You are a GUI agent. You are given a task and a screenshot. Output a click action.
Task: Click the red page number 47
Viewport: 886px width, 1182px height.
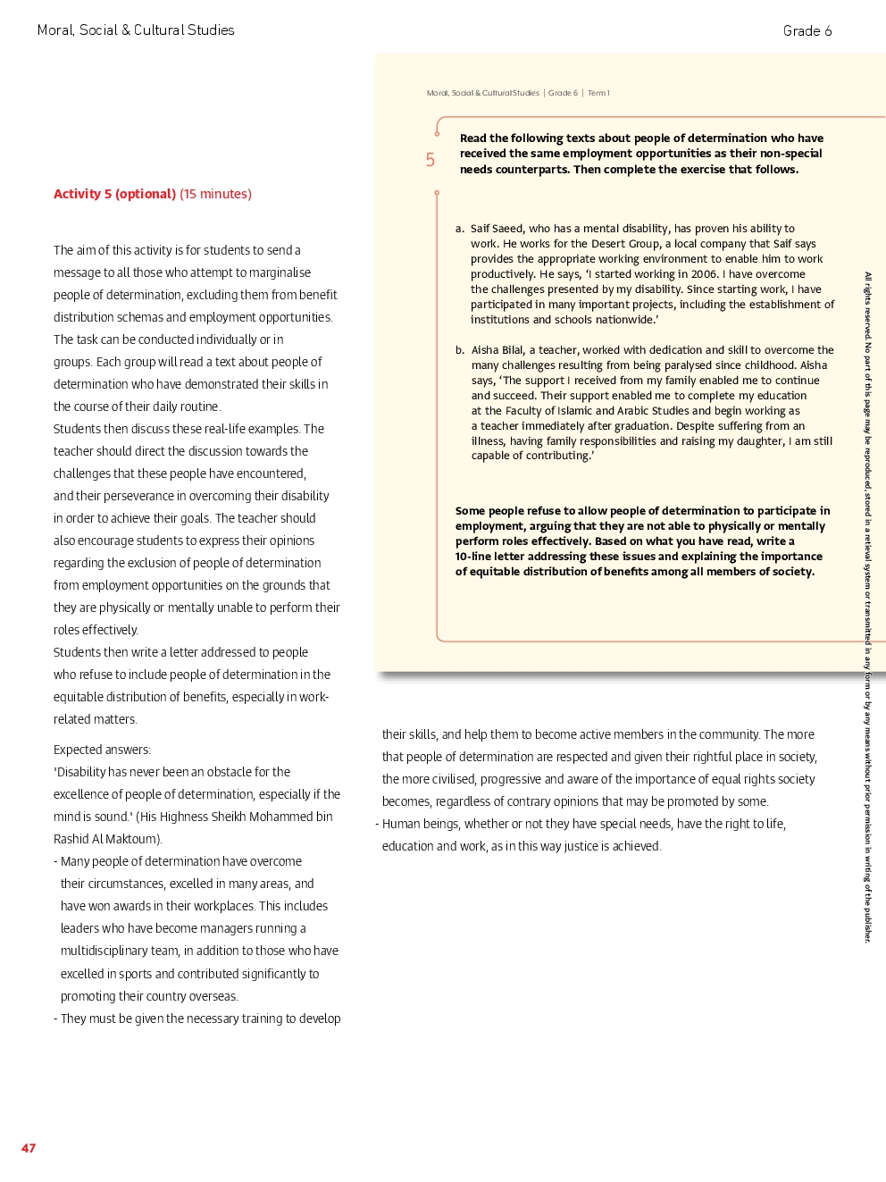pyautogui.click(x=29, y=1148)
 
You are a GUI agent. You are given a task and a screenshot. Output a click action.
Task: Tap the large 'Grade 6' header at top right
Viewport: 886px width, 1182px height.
pyautogui.click(x=807, y=31)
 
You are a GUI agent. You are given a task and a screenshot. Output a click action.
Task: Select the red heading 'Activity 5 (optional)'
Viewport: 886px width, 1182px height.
pyautogui.click(x=114, y=194)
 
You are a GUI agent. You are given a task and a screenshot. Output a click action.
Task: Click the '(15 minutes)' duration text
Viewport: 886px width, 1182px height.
pyautogui.click(x=215, y=194)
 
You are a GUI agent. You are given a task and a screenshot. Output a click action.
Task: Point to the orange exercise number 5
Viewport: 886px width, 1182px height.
pyautogui.click(x=430, y=160)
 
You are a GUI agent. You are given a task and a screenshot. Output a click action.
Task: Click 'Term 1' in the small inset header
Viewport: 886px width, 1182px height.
pyautogui.click(x=598, y=93)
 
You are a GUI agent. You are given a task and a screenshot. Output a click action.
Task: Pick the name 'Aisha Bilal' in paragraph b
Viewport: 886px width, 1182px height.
pyautogui.click(x=497, y=350)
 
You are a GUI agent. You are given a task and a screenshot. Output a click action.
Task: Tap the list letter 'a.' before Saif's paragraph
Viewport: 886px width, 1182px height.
pyautogui.click(x=460, y=229)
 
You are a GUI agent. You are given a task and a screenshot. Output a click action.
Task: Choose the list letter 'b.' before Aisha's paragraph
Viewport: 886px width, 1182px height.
pyautogui.click(x=460, y=350)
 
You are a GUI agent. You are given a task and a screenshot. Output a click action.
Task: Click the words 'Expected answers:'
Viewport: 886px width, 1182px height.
pyautogui.click(x=102, y=750)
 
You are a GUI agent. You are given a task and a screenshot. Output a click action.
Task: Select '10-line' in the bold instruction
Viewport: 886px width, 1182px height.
pyautogui.click(x=473, y=557)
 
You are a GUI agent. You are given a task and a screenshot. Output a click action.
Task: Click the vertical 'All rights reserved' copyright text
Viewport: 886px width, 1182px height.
pyautogui.click(x=867, y=608)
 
